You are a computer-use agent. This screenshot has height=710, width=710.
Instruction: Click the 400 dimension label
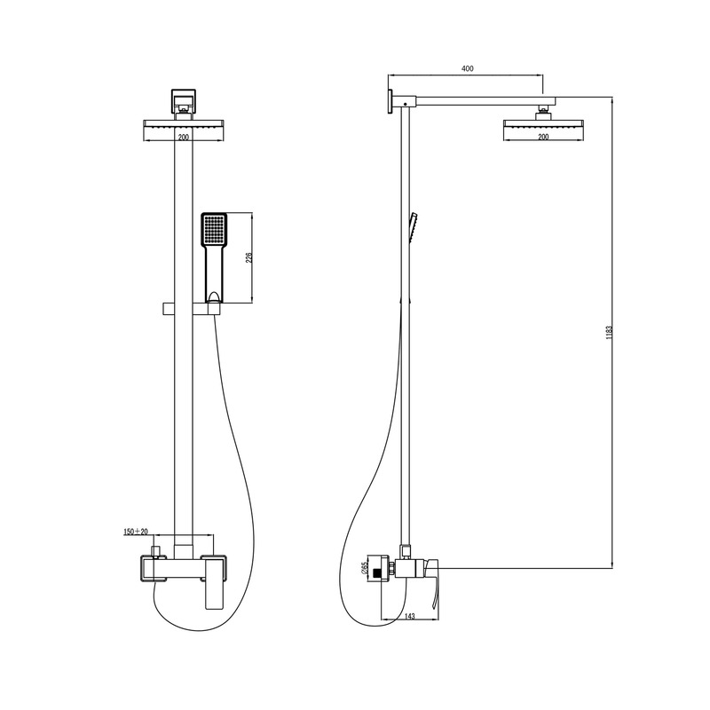[467, 69]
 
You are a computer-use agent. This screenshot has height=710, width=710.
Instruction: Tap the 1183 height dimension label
[609, 332]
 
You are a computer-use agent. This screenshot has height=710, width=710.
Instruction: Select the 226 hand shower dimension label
[248, 257]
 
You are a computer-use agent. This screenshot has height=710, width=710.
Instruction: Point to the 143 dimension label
[409, 616]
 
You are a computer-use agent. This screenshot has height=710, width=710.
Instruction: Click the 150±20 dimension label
[136, 532]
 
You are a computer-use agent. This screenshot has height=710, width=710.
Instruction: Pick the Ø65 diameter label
[365, 569]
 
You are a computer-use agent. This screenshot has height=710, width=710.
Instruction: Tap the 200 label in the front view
[183, 137]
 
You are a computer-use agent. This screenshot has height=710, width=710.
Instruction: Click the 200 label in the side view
[543, 137]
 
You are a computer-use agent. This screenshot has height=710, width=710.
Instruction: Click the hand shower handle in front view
[215, 274]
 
